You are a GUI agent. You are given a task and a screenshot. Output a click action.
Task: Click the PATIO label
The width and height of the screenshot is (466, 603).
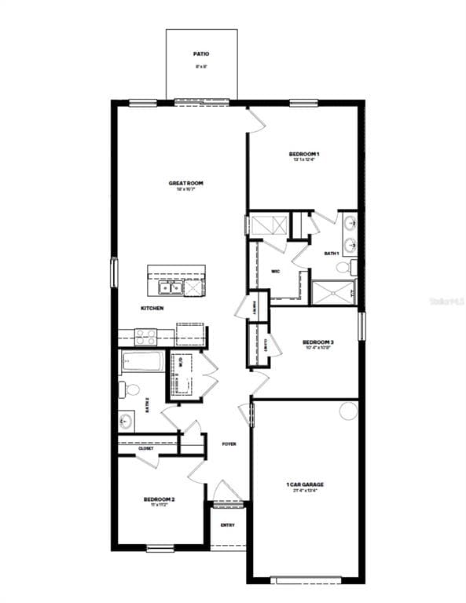point(201,54)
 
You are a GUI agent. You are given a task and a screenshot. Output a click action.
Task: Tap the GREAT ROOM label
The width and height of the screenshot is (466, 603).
point(185,183)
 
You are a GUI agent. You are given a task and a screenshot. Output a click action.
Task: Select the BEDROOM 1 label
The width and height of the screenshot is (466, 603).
point(303,154)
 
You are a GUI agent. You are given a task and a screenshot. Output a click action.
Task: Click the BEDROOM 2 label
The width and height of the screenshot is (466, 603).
point(159,499)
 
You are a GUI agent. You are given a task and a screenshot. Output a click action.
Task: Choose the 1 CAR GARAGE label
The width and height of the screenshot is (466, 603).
point(304,484)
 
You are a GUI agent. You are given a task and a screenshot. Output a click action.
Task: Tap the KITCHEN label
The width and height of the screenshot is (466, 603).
point(152,308)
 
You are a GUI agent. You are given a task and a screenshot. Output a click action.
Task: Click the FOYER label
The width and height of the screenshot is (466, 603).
point(229,444)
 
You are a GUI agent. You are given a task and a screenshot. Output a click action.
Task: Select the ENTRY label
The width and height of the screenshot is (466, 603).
point(228,524)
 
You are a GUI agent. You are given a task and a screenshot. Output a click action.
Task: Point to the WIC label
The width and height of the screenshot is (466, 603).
point(276,271)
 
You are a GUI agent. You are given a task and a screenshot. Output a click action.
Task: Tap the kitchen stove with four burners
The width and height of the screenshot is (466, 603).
point(146,336)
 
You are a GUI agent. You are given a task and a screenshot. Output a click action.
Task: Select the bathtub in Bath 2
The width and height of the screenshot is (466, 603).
point(141,363)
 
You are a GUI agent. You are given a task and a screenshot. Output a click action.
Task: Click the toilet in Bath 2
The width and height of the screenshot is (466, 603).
point(130,389)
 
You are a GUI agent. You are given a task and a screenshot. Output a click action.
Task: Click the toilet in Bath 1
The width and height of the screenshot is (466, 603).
point(345,267)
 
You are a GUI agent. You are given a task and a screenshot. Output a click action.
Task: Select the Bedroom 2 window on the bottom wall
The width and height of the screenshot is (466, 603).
point(160,547)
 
